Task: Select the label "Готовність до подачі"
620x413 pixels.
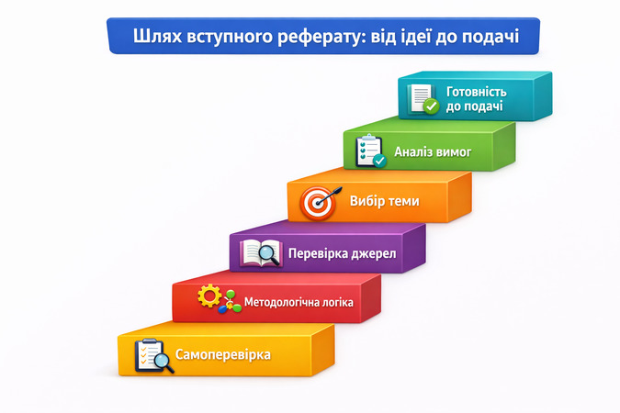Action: (476, 99)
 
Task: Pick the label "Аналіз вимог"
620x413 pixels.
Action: (433, 151)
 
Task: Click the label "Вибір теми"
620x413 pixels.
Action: (384, 201)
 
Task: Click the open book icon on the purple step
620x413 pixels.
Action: (260, 252)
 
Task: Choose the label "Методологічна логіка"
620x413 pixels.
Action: (299, 302)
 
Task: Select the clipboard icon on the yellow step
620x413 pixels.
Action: (152, 355)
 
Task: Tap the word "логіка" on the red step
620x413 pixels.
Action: (334, 302)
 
